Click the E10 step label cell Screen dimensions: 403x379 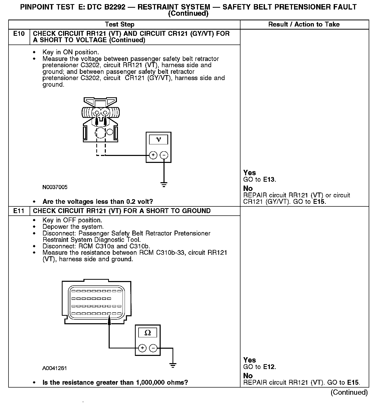pyautogui.click(x=19, y=34)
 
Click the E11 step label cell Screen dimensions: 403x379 pyautogui.click(x=19, y=211)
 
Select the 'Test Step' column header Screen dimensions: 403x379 pyautogui.click(x=119, y=24)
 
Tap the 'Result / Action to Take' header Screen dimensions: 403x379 pyautogui.click(x=304, y=24)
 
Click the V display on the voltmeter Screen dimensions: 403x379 pyautogui.click(x=158, y=139)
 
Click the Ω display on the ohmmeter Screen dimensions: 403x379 pyautogui.click(x=148, y=333)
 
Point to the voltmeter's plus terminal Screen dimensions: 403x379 pyautogui.click(x=153, y=155)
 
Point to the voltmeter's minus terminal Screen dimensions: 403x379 pyautogui.click(x=164, y=155)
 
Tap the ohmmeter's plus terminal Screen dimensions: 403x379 pyautogui.click(x=142, y=348)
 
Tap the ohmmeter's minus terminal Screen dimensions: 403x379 pyautogui.click(x=153, y=348)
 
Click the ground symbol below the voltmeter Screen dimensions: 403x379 pyautogui.click(x=164, y=184)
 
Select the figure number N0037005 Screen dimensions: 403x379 pyautogui.click(x=55, y=187)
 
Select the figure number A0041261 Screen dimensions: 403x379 pyautogui.click(x=55, y=368)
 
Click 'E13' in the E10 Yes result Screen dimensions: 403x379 pyautogui.click(x=269, y=180)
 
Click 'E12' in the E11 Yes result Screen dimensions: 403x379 pyautogui.click(x=269, y=367)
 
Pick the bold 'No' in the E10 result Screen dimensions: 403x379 pyautogui.click(x=248, y=188)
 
